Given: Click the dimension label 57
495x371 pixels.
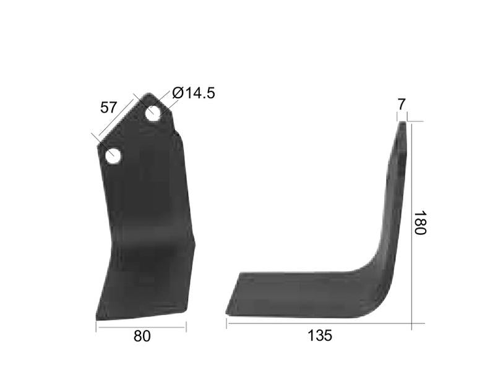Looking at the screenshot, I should (x=109, y=108).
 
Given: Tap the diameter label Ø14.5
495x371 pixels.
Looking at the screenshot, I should (x=194, y=93).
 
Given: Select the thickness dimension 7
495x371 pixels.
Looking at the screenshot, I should (x=401, y=104).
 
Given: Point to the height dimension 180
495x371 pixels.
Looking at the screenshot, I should (x=420, y=223).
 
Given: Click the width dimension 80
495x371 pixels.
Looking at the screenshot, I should (x=142, y=336).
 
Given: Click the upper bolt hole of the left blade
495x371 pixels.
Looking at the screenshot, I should (x=153, y=114).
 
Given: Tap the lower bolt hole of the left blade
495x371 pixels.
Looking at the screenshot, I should (x=113, y=156).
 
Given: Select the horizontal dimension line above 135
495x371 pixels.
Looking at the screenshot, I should (x=319, y=323).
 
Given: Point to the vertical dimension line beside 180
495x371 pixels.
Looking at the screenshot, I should (x=411, y=223).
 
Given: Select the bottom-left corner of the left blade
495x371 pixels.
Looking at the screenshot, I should (x=97, y=318).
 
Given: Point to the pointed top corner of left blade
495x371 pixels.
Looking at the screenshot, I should (x=148, y=95).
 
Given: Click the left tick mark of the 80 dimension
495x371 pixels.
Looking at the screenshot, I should (x=96, y=326).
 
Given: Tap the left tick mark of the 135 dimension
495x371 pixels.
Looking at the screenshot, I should (x=226, y=323).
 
